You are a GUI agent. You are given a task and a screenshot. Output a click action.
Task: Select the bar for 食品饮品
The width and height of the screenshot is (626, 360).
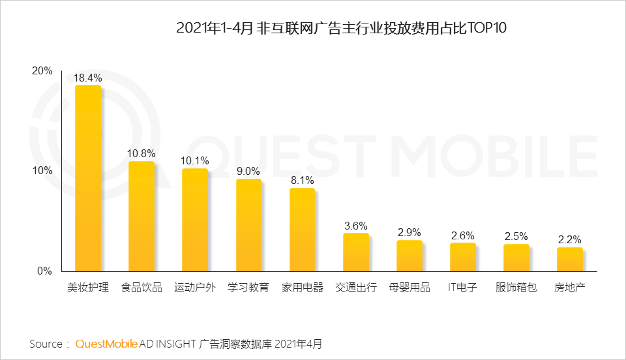pos(142,216)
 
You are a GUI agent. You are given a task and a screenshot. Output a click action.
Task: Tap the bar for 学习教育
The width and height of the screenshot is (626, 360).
pos(248,225)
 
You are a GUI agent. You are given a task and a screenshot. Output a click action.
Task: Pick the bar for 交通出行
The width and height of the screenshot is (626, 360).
pos(355,252)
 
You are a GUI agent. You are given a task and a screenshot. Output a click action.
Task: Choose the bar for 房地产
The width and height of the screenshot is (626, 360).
pos(569,259)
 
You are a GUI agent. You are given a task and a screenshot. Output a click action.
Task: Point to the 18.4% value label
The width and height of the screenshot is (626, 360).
pos(88,78)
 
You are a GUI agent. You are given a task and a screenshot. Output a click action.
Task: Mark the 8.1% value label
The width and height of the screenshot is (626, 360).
pos(302,181)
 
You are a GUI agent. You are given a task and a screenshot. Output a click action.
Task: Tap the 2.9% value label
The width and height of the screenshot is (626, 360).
pos(409,233)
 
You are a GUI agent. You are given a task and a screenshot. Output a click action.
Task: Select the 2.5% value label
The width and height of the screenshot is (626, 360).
pos(516,237)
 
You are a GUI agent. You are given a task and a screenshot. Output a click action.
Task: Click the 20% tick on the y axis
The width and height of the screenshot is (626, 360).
pos(42,71)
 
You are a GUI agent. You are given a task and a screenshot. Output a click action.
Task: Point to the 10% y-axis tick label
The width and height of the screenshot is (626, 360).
pos(42,171)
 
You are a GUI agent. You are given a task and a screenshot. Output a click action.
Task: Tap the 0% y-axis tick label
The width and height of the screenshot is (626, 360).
pos(44,271)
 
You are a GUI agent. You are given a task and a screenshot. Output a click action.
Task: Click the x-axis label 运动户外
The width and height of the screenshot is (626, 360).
pos(195,288)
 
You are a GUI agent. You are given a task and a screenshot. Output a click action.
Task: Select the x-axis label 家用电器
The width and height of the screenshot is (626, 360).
pos(302,288)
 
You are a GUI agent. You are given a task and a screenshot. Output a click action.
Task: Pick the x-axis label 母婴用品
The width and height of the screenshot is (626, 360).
pos(409,288)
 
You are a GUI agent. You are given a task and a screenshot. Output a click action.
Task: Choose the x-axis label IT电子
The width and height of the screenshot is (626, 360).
pos(462,288)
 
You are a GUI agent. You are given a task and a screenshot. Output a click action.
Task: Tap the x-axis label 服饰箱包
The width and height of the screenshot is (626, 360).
pos(516,288)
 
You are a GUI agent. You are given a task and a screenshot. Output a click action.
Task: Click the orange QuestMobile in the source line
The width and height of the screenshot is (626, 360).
pos(106,344)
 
